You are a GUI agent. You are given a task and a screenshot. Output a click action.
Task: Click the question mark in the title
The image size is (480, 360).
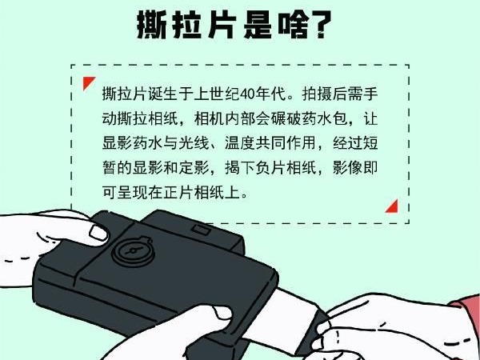click(x=320, y=25)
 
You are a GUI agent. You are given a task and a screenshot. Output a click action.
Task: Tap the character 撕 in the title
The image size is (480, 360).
click(x=151, y=25)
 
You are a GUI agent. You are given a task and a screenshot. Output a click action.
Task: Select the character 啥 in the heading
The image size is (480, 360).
click(x=293, y=25)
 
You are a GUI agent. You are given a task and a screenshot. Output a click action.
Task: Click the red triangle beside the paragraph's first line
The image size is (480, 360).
click(x=89, y=83)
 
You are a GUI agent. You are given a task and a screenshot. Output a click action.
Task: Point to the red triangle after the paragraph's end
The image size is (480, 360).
click(x=393, y=206)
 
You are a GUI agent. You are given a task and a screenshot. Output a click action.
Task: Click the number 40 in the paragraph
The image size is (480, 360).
click(x=247, y=94)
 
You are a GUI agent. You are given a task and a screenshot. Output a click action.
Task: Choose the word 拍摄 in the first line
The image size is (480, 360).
click(x=317, y=94)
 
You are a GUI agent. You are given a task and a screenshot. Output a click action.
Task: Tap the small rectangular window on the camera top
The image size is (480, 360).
click(x=201, y=230)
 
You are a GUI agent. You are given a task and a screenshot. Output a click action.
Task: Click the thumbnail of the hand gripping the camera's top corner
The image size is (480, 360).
click(x=98, y=233)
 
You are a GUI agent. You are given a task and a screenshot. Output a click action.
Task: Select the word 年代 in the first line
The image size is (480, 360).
click(x=270, y=94)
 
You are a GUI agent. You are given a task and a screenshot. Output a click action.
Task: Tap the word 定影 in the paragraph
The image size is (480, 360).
click(x=194, y=168)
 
